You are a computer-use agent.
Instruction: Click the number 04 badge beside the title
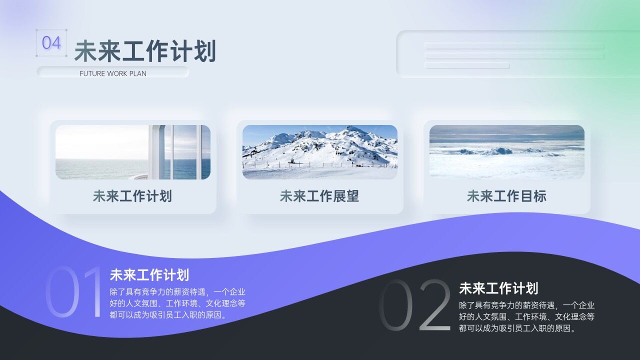[51, 43]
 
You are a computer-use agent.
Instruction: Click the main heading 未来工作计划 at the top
[145, 51]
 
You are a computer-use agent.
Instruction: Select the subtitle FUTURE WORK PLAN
[113, 73]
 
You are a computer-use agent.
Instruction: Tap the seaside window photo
[132, 152]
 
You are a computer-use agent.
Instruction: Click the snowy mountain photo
[319, 152]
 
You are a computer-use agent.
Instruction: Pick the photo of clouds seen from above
[506, 152]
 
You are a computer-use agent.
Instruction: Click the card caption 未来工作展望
[319, 196]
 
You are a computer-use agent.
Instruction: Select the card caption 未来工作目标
[506, 196]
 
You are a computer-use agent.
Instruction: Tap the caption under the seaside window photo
[132, 196]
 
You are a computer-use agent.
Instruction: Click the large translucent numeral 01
[74, 292]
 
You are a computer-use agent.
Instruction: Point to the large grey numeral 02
[415, 305]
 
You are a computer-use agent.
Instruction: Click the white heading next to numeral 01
[149, 275]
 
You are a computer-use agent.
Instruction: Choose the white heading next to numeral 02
[498, 288]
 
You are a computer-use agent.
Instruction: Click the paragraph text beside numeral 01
[177, 303]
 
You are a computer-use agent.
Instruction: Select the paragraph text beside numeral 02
[526, 317]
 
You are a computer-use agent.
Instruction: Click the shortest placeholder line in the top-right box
[467, 65]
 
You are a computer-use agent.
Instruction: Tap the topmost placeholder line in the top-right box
[514, 46]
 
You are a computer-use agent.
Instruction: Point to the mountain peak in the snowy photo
[354, 129]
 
